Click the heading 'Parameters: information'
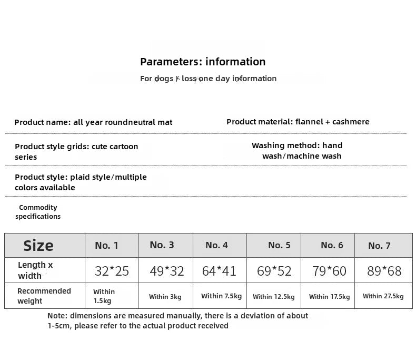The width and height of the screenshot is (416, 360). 203,62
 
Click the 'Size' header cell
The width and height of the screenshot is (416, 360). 38,246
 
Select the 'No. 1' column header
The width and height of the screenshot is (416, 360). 106,246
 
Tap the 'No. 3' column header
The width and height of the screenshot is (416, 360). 162,245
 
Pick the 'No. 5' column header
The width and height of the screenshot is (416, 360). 279,245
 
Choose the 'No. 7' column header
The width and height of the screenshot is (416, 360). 379,246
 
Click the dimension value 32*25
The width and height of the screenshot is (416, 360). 112,271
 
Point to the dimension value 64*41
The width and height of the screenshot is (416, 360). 219,271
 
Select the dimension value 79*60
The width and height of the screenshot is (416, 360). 329,271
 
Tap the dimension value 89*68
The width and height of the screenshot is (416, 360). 384,271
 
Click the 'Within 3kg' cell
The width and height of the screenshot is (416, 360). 165,297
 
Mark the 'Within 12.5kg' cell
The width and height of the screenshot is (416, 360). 273,297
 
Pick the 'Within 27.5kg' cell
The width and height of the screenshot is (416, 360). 383,296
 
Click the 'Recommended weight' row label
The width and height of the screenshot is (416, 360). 44,296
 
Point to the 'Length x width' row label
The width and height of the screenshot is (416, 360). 35,270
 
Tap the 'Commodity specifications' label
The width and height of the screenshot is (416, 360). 38,212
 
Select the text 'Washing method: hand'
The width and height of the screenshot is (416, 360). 297,145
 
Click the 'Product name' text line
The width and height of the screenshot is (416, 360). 93,122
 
